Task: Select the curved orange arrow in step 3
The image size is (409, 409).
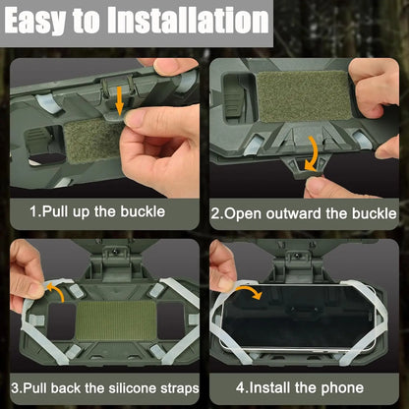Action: [x=57, y=290]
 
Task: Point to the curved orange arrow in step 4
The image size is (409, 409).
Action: [x=251, y=293]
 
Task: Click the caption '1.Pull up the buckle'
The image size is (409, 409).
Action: [x=96, y=211]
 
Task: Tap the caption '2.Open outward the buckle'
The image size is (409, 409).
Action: [x=305, y=211]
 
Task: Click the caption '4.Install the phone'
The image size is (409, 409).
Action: [x=305, y=387]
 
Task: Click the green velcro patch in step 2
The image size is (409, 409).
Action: [x=304, y=96]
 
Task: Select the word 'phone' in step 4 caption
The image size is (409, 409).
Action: [x=344, y=387]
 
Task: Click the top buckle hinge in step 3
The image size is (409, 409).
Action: [x=103, y=263]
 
